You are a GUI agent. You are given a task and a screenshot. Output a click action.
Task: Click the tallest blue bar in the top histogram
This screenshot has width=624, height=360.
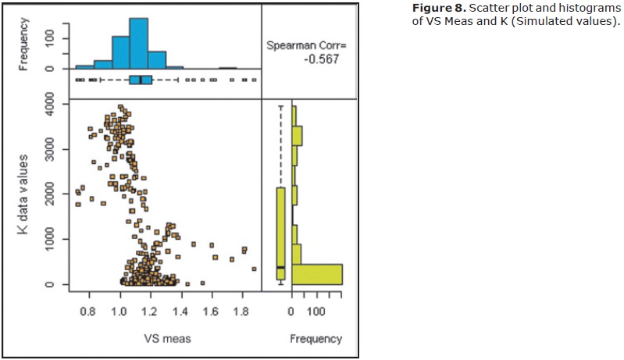point(138,44)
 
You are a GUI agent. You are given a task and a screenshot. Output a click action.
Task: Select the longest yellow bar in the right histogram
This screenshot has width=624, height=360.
point(316,273)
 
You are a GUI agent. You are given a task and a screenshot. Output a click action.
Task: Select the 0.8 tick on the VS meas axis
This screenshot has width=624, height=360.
point(89,312)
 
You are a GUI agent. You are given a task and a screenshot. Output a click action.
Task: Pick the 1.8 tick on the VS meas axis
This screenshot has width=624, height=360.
point(241,312)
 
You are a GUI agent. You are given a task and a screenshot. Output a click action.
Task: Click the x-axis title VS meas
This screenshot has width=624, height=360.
point(164,339)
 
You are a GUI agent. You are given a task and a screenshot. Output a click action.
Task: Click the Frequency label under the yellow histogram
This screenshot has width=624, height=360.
point(316,339)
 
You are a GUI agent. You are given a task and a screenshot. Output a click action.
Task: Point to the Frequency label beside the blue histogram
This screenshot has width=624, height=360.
point(24,44)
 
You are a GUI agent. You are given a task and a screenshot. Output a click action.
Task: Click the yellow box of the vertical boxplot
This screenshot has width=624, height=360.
point(280,233)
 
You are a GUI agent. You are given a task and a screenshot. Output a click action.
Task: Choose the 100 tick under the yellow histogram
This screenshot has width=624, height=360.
point(315,312)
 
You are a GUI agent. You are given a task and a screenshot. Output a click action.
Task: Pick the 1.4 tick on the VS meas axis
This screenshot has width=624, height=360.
point(180,312)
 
